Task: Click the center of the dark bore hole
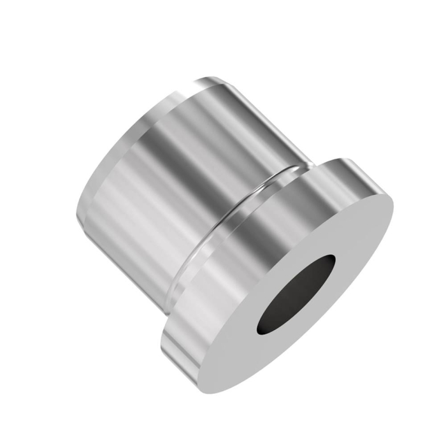[x=297, y=295]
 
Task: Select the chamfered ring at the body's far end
[x=115, y=153]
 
